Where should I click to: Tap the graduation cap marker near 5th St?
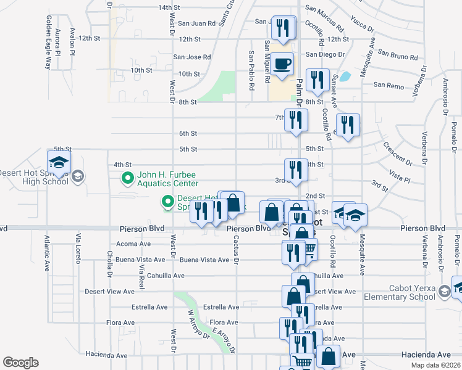pos(59,163)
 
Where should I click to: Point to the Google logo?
pos(20,363)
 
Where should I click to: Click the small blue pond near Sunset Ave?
pos(345,77)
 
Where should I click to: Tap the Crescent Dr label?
pos(397,157)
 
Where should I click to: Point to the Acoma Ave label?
pos(136,244)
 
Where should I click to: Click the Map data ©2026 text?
pos(435,365)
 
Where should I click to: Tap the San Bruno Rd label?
pos(397,57)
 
